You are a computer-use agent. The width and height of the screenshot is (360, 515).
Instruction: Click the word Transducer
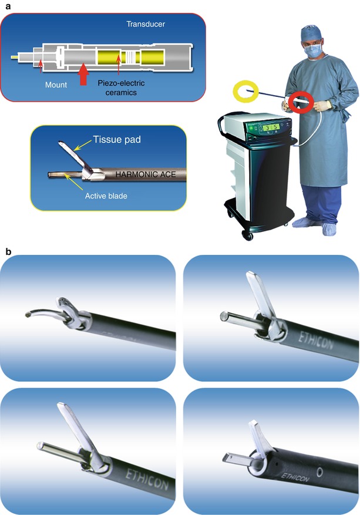(146, 24)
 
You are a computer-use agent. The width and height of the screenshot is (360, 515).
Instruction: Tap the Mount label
(56, 85)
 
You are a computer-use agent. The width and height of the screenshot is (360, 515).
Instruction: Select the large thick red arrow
(83, 75)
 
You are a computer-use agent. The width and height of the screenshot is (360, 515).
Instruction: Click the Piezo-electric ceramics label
(121, 87)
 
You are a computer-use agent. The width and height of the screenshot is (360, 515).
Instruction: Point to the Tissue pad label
(117, 140)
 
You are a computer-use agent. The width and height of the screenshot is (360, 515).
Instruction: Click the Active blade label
(106, 196)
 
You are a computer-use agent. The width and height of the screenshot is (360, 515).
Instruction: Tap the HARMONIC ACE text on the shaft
(146, 174)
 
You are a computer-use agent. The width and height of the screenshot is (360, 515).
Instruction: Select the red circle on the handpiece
(300, 103)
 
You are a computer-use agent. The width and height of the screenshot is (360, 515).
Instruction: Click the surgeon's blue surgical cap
(311, 32)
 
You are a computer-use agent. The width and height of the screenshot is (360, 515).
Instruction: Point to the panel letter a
(8, 6)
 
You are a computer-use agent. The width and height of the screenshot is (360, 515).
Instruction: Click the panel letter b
(9, 251)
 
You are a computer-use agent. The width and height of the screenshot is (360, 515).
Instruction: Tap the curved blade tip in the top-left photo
(28, 315)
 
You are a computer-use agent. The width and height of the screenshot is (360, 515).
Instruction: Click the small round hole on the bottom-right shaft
(319, 472)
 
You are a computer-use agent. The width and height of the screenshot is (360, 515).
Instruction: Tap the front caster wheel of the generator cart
(247, 235)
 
